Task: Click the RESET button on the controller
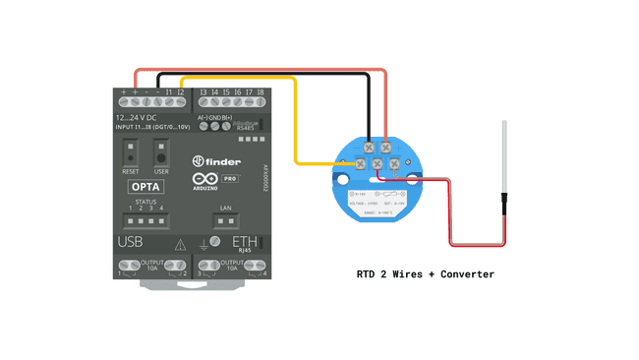pos(130,154)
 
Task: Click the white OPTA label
pos(146,187)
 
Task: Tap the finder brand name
pos(221,160)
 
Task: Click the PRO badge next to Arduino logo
pos(230,179)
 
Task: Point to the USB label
pos(131,242)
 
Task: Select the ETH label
pos(245,241)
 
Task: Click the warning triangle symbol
pos(180,245)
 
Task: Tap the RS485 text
pos(246,127)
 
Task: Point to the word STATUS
pos(145,202)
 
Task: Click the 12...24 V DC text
pos(136,117)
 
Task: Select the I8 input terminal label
pos(260,91)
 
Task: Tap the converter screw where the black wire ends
pos(370,147)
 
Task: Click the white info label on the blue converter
pos(378,202)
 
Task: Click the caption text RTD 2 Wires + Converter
pos(425,274)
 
